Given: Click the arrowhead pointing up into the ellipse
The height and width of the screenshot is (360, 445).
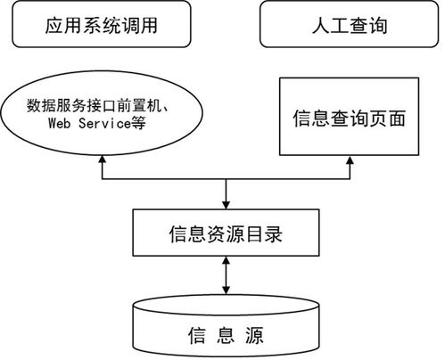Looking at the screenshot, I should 103,161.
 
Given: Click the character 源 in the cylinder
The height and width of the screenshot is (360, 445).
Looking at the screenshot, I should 262,336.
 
